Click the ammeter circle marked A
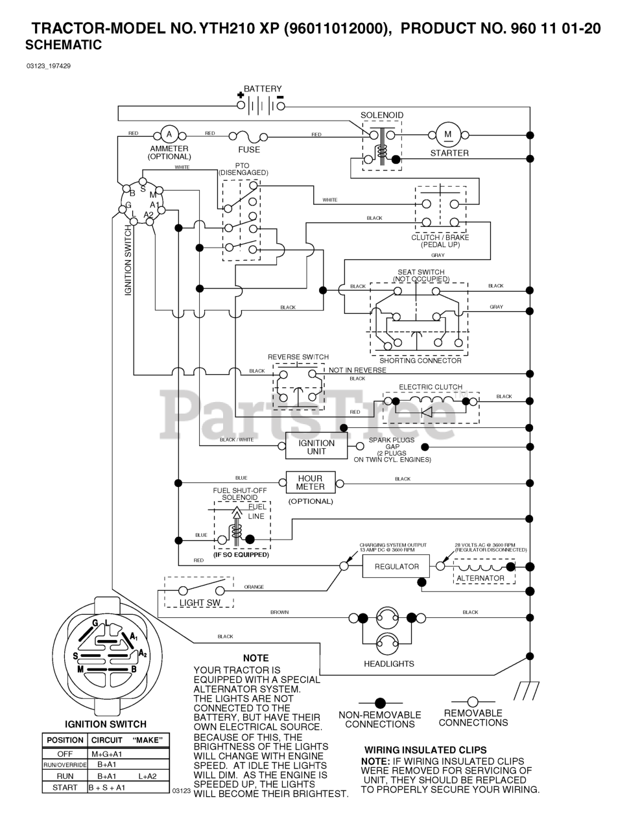point(169,134)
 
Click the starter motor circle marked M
point(447,134)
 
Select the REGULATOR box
point(397,566)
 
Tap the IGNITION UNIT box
point(316,447)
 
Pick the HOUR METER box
point(310,482)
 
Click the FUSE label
point(249,149)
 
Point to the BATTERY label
point(263,89)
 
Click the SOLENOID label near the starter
point(382,115)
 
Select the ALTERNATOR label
point(481,578)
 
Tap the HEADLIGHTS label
point(389,663)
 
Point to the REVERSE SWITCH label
point(298,357)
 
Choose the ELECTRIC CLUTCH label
point(431,387)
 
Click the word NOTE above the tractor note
point(255,658)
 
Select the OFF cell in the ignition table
point(65,753)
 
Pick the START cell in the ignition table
point(65,787)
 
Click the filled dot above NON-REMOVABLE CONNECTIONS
point(381,702)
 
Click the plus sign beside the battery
point(241,95)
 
